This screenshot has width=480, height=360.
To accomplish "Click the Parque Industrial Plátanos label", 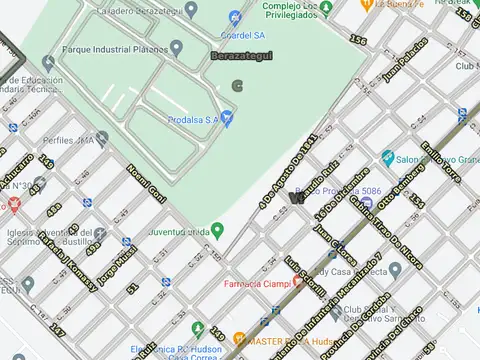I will [113, 47].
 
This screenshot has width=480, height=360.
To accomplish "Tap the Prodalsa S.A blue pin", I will [227, 119].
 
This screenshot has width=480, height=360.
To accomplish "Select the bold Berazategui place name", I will [241, 57].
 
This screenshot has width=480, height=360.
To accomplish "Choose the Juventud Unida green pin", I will [217, 230].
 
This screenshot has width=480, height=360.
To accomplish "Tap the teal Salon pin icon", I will [387, 158].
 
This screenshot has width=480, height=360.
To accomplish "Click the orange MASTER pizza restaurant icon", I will [239, 339].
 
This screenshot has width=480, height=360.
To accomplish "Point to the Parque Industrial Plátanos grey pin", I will [176, 47].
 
